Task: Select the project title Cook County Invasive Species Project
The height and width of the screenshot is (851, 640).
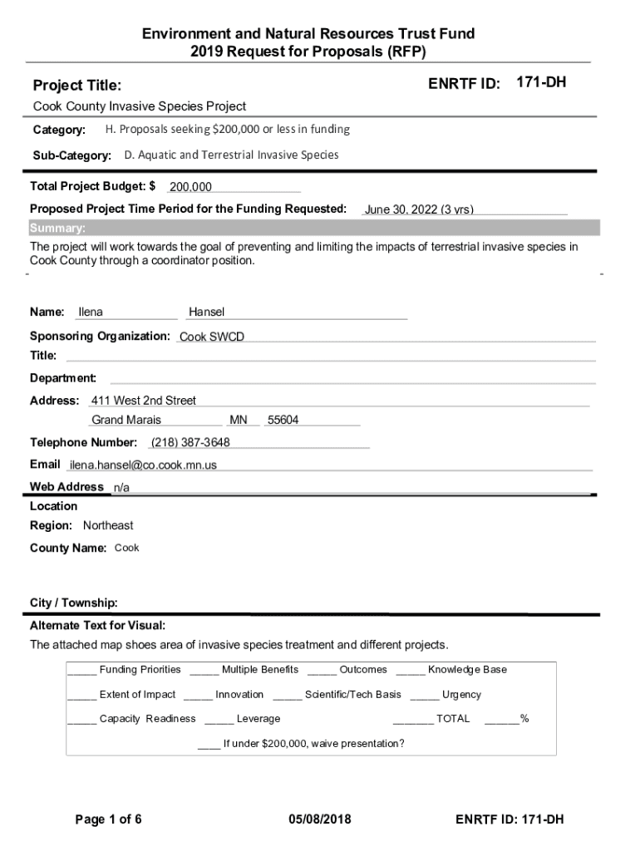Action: click(140, 106)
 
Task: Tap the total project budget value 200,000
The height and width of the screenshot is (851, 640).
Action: click(190, 187)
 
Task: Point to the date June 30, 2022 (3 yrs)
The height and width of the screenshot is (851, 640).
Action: click(419, 209)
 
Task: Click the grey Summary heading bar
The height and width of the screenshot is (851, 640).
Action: click(314, 229)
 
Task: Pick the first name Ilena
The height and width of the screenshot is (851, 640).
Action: click(91, 312)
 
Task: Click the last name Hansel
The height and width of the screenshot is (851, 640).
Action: click(207, 312)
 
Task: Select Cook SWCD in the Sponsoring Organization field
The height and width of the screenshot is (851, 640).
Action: click(212, 337)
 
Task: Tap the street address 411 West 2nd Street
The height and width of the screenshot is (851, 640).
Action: click(144, 401)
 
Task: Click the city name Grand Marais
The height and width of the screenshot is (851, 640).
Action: click(126, 421)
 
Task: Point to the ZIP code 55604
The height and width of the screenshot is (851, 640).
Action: click(283, 421)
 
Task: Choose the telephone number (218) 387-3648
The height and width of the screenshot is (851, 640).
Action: click(190, 442)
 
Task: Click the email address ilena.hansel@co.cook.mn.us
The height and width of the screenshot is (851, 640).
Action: click(143, 465)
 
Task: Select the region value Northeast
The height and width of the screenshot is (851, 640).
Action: click(108, 525)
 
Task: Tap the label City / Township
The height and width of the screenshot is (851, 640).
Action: click(74, 603)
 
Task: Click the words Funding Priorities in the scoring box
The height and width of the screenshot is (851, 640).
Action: click(140, 670)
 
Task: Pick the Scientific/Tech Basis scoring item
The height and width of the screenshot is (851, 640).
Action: click(352, 695)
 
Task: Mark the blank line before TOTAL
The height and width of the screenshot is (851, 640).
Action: click(412, 720)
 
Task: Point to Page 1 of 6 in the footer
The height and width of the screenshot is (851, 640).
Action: click(109, 819)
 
